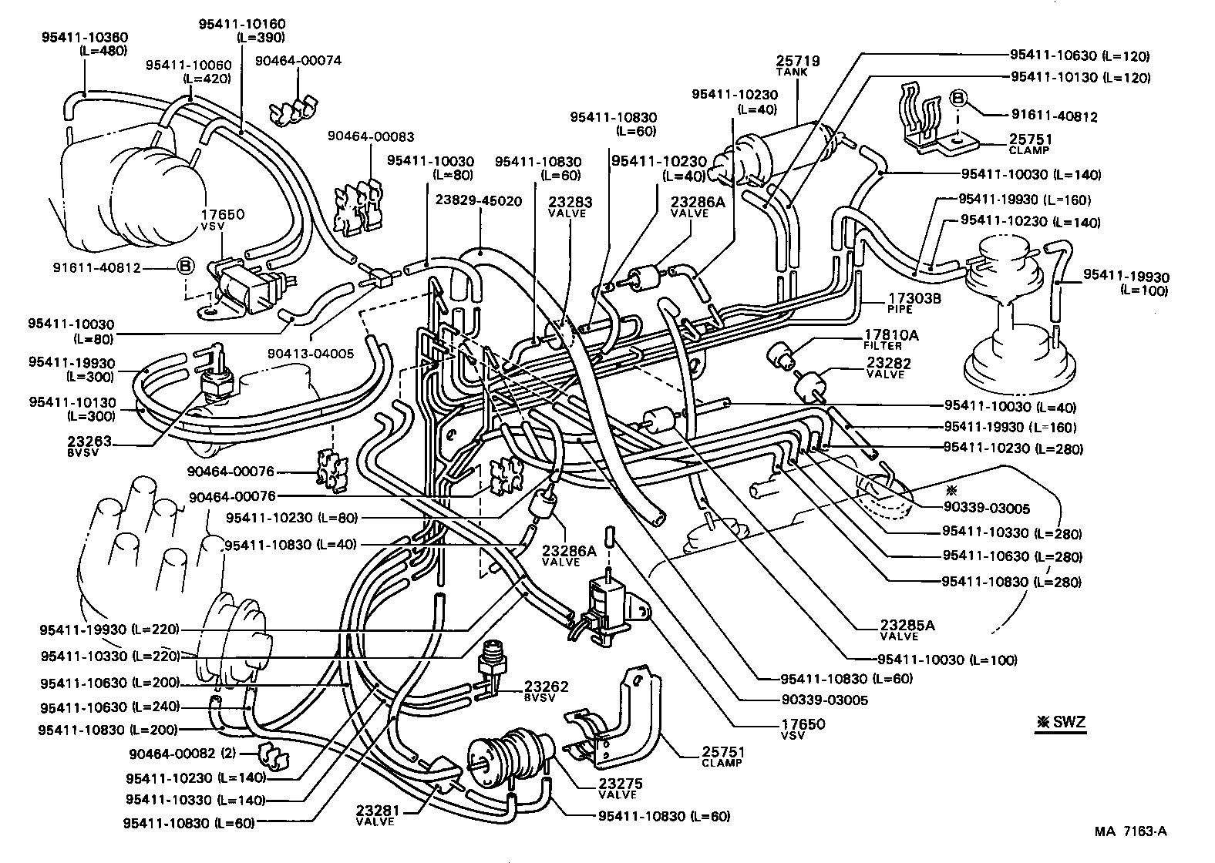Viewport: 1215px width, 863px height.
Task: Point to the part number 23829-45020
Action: pos(478,201)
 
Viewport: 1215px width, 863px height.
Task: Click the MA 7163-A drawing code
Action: pos(1130,831)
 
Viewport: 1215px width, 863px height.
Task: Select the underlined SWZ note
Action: pos(1061,723)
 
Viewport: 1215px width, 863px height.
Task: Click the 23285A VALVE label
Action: pos(907,629)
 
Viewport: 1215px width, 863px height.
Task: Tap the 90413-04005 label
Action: pos(311,354)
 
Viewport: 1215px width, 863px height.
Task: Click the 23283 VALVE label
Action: pos(570,206)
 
